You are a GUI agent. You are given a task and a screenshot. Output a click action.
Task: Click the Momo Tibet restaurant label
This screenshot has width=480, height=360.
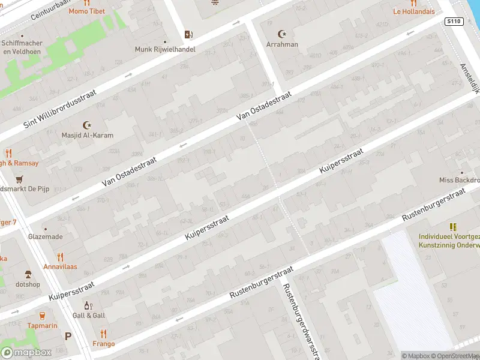86,11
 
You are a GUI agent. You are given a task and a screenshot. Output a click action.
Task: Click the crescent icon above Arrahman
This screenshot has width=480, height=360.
281,34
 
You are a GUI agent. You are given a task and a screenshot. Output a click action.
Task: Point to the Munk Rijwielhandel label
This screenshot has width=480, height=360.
164,49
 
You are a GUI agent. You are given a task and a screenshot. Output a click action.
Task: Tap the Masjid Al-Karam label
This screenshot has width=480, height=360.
88,135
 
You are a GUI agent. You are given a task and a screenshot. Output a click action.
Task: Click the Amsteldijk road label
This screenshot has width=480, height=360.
470,79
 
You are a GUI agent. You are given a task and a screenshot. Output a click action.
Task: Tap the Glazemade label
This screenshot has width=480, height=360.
45,236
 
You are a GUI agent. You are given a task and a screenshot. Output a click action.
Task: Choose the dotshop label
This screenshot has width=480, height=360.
28,284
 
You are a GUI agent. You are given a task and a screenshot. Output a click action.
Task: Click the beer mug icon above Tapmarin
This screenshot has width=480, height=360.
42,315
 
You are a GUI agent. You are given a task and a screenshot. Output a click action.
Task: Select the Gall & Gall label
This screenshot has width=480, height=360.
88,315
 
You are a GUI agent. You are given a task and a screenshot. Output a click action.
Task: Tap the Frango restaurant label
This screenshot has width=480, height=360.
103,344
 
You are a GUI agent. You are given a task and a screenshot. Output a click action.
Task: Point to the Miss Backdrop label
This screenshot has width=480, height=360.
459,180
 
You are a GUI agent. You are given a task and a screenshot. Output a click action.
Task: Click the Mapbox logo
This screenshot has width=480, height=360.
26,352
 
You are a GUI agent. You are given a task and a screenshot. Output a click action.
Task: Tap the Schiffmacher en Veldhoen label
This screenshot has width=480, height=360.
22,47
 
